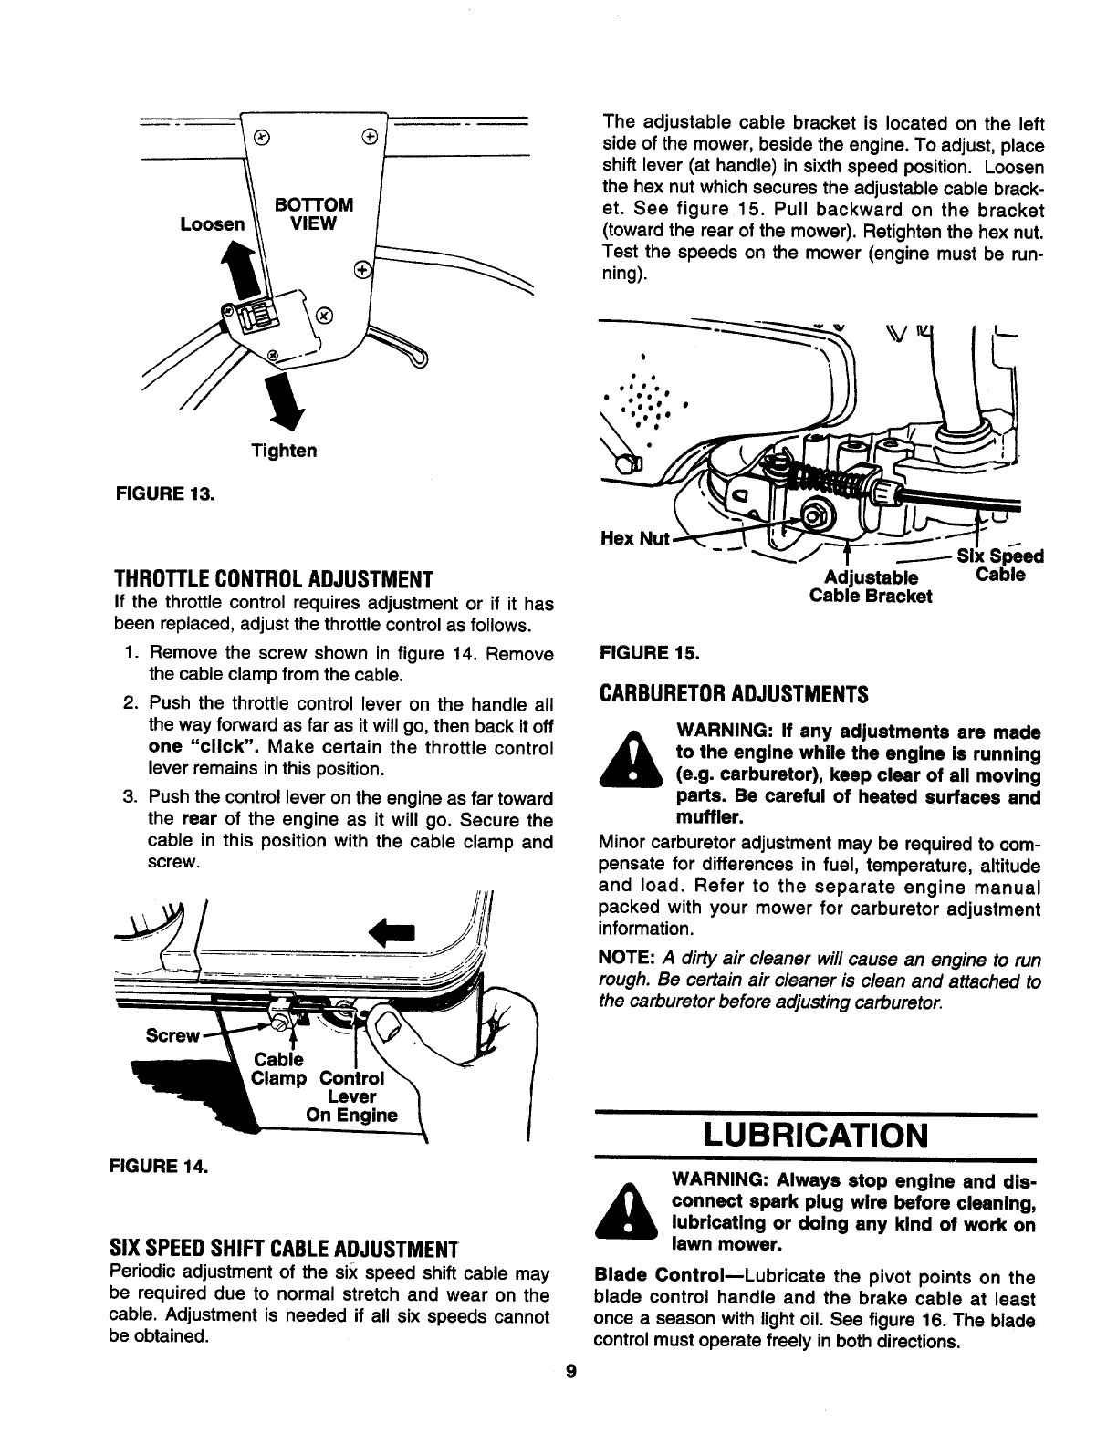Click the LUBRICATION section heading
[817, 1137]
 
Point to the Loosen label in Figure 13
[212, 223]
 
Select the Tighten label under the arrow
[284, 451]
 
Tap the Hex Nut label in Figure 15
[635, 538]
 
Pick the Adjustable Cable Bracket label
[871, 587]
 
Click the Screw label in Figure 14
[172, 1035]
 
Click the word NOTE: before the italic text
[627, 961]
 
